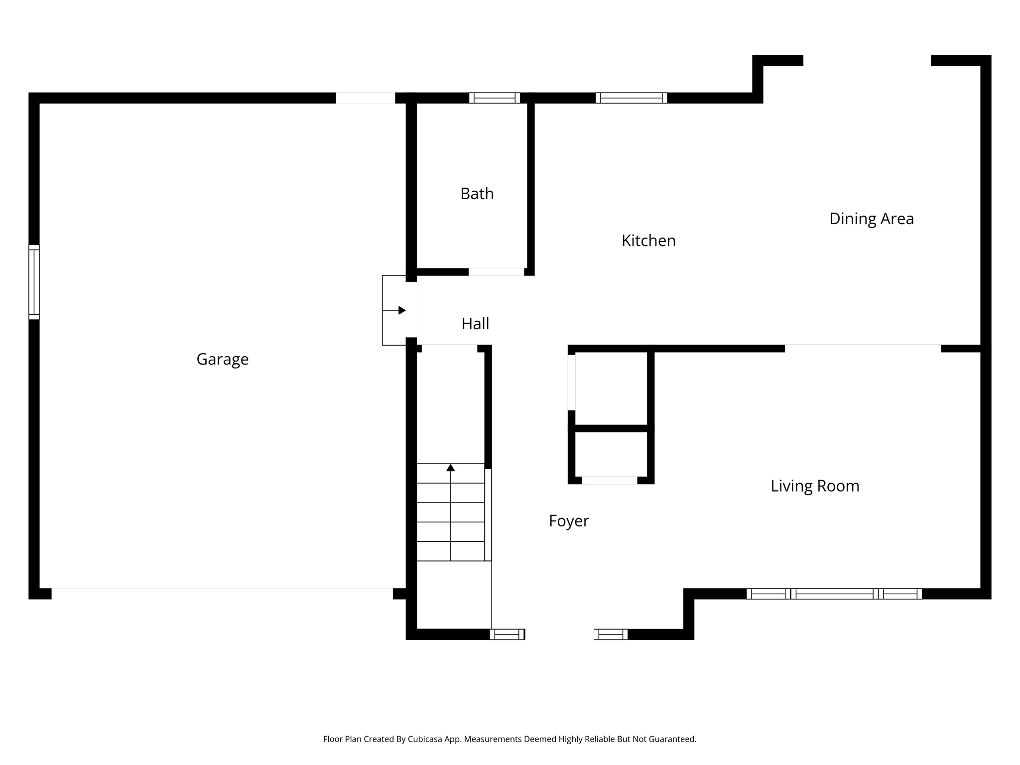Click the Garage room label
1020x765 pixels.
(x=222, y=359)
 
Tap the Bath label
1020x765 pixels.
(x=477, y=193)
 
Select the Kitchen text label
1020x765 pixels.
(x=648, y=241)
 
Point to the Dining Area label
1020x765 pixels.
(x=871, y=219)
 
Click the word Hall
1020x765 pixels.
(x=475, y=324)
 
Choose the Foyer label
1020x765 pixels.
(x=569, y=521)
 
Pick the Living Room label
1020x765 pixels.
(x=815, y=486)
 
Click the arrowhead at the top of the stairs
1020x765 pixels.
(x=451, y=468)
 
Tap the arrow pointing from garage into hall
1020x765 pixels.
(x=401, y=310)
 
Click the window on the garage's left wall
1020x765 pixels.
(x=34, y=282)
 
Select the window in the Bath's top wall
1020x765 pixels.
(x=494, y=98)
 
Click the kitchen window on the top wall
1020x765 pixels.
(x=631, y=98)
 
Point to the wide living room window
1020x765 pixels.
(x=834, y=594)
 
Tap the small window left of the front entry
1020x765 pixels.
(x=507, y=634)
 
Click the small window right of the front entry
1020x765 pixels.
(x=611, y=634)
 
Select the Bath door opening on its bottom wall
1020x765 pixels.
(x=496, y=272)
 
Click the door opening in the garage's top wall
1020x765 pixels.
(x=365, y=98)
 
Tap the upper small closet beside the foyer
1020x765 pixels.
(x=611, y=388)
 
